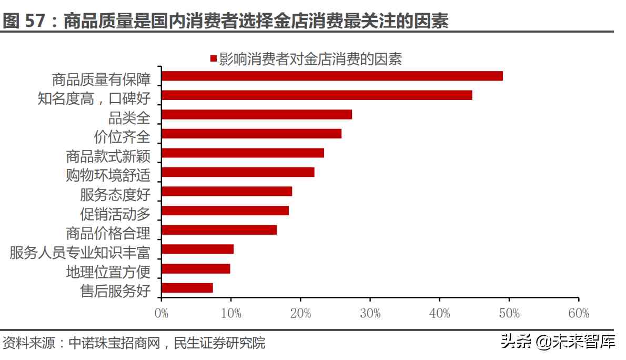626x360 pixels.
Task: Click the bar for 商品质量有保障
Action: pyautogui.click(x=332, y=76)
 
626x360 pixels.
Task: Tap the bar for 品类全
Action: pyautogui.click(x=257, y=115)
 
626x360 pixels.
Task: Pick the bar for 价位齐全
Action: pyautogui.click(x=251, y=134)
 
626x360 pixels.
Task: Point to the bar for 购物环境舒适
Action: pyautogui.click(x=238, y=172)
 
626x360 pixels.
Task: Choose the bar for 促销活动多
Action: pyautogui.click(x=225, y=211)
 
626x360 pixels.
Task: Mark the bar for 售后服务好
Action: pyautogui.click(x=187, y=288)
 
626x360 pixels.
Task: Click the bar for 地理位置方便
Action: pyautogui.click(x=196, y=269)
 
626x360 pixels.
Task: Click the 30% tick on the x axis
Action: pyautogui.click(x=370, y=314)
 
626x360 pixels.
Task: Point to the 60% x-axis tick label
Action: pyautogui.click(x=578, y=314)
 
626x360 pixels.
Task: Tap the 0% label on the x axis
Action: pyautogui.click(x=161, y=314)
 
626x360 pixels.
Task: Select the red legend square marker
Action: pyautogui.click(x=213, y=59)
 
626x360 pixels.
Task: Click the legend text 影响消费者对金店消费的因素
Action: pyautogui.click(x=310, y=59)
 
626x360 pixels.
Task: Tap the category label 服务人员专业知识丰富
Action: pyautogui.click(x=80, y=253)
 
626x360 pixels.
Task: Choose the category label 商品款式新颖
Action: pyautogui.click(x=108, y=156)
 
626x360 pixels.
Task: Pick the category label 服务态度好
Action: pyautogui.click(x=115, y=195)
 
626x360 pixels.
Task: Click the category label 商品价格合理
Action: pyautogui.click(x=108, y=233)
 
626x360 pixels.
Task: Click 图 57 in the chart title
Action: pyautogui.click(x=26, y=22)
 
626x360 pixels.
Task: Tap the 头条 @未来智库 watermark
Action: pyautogui.click(x=558, y=342)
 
